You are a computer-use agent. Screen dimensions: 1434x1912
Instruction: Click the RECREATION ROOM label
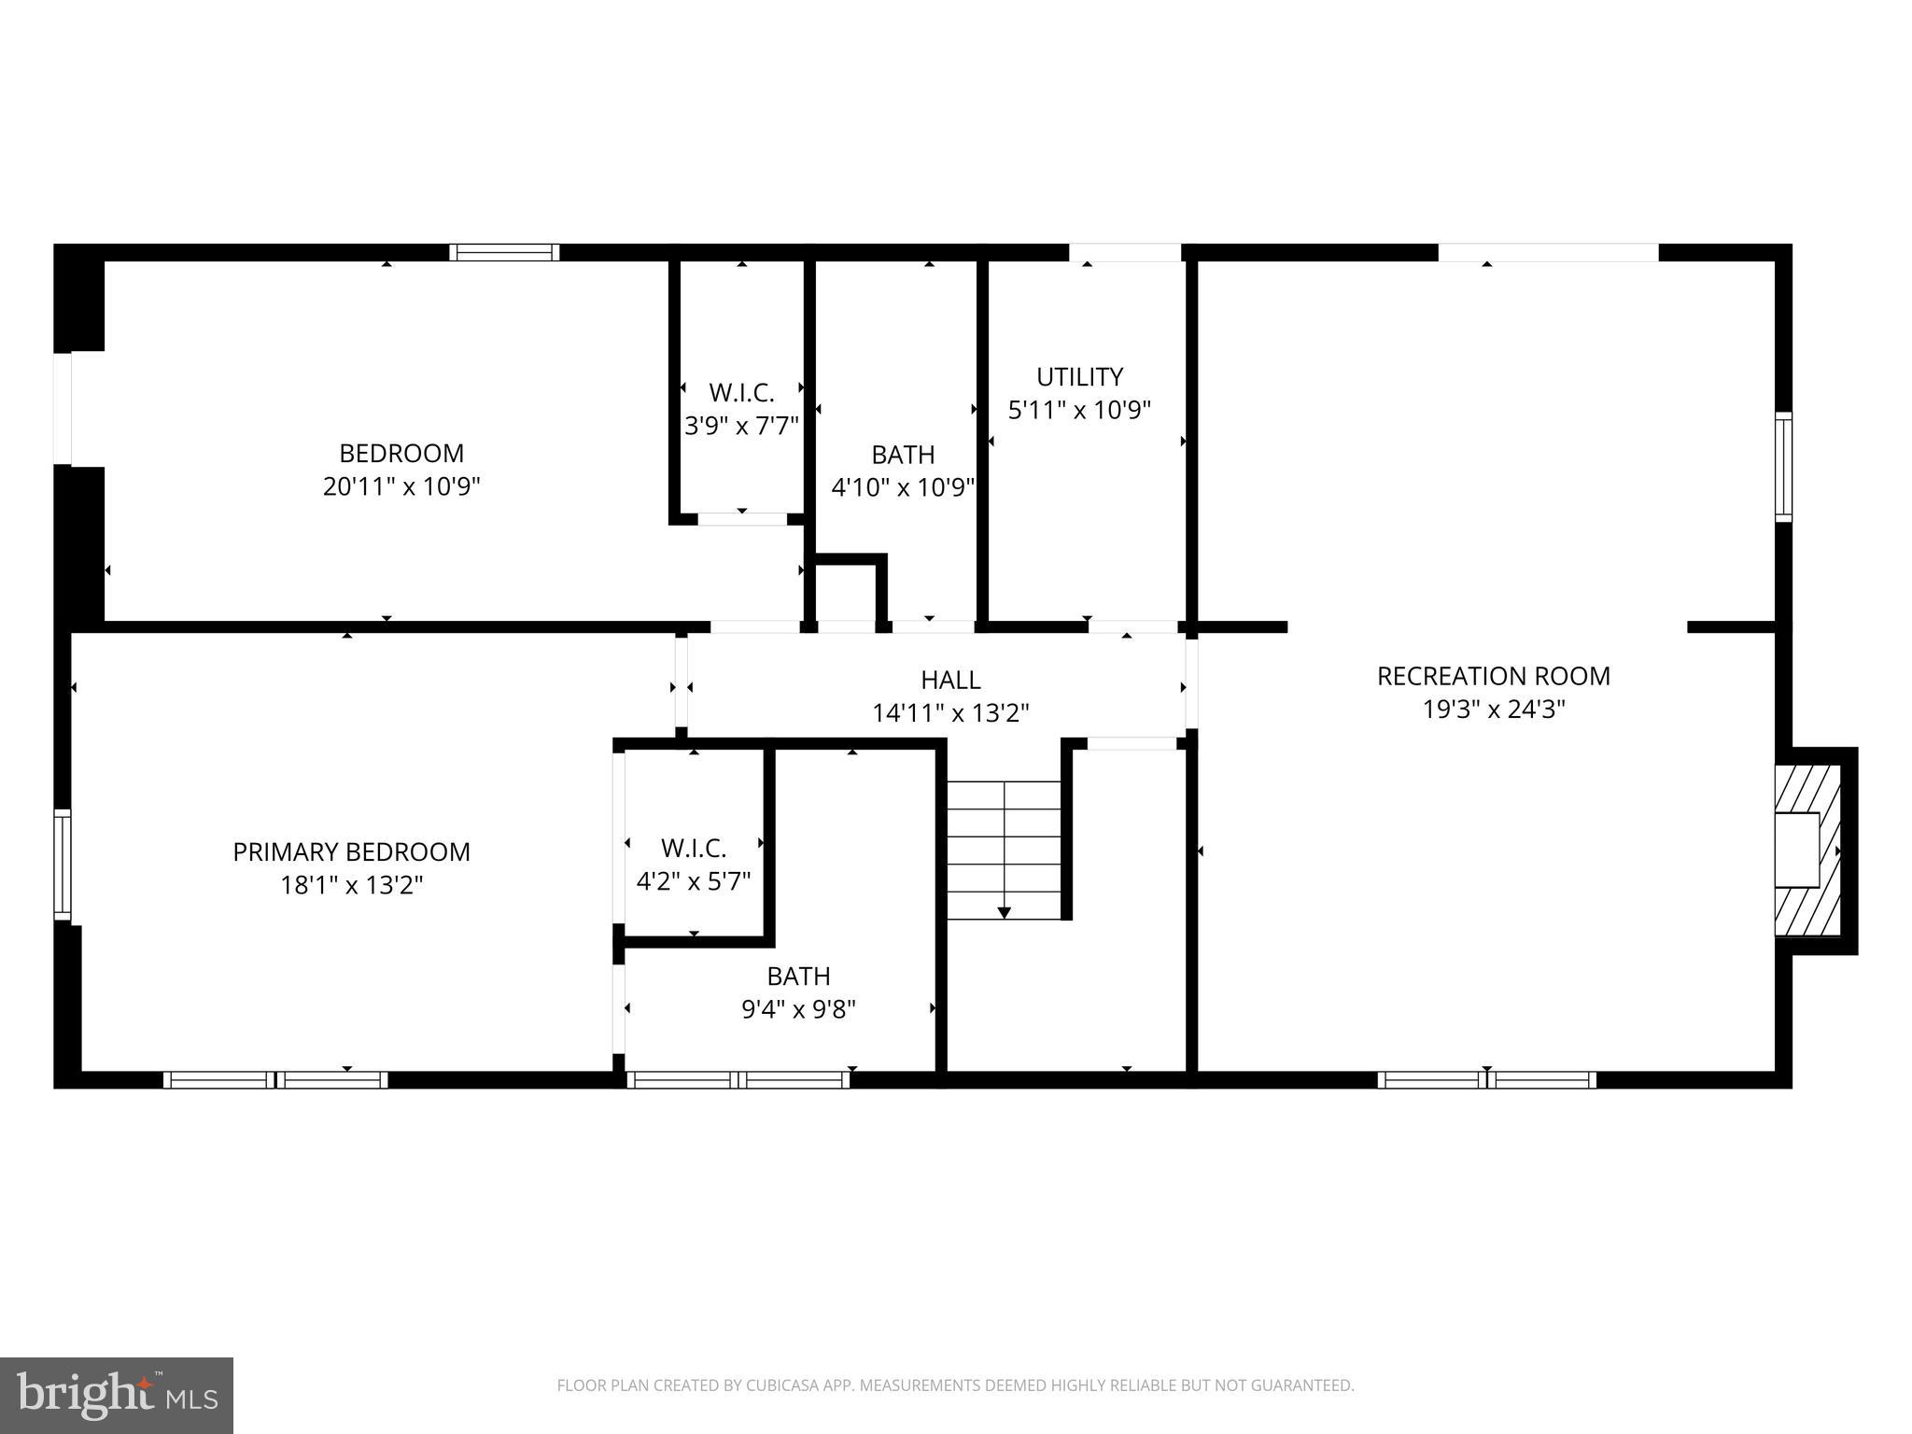(1493, 676)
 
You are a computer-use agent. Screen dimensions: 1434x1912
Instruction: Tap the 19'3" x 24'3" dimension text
(1493, 710)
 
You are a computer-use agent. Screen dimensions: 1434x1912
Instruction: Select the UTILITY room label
(1079, 377)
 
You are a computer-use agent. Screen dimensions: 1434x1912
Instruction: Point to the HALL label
(950, 680)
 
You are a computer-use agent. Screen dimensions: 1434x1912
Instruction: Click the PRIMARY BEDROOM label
(351, 851)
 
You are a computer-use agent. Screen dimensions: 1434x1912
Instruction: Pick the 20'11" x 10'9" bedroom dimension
(401, 486)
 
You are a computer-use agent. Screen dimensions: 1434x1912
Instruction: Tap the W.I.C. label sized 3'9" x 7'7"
(741, 392)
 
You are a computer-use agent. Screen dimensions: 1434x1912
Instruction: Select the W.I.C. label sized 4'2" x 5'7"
(694, 848)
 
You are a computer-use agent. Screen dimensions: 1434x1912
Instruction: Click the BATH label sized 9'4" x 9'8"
(798, 976)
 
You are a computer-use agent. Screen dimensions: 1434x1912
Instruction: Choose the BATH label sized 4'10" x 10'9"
(903, 455)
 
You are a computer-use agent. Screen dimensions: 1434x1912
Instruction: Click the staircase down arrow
(1005, 911)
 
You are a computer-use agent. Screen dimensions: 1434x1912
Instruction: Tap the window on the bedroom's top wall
(504, 252)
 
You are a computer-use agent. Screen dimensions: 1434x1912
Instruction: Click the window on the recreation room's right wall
(1783, 466)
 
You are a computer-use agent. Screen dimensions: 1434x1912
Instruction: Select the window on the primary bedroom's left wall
(63, 864)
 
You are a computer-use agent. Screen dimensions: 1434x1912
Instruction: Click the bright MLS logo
(117, 1395)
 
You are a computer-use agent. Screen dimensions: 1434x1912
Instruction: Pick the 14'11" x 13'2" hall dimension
(950, 713)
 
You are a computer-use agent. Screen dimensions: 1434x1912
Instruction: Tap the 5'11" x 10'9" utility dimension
(1079, 411)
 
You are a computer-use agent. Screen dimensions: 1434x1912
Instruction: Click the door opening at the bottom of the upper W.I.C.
(742, 519)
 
